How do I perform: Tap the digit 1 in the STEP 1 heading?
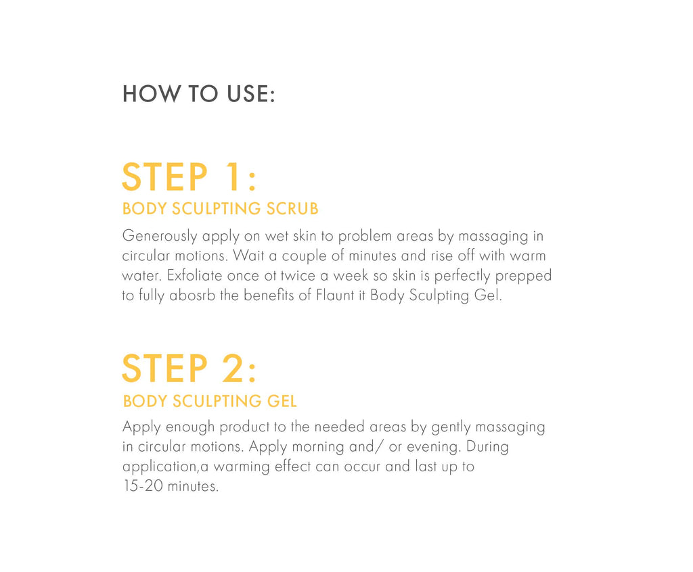tap(231, 177)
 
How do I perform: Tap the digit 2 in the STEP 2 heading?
tap(231, 368)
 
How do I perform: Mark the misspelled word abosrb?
tap(192, 295)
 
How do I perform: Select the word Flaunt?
tap(334, 295)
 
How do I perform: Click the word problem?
tap(365, 237)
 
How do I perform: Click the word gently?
tap(451, 428)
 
